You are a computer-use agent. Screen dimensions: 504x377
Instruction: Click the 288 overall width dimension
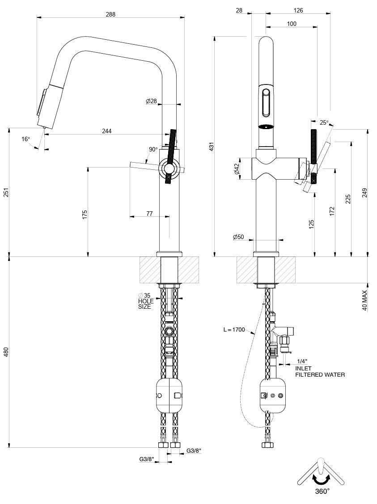(x=110, y=14)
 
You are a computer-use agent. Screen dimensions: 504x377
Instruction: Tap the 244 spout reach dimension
(x=107, y=131)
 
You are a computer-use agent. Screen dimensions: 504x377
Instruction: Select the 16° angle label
(x=25, y=139)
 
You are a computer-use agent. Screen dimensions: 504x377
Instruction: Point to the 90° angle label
(x=153, y=150)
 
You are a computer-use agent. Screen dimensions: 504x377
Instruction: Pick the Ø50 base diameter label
(x=238, y=237)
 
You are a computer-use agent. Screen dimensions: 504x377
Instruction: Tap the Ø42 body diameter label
(x=237, y=168)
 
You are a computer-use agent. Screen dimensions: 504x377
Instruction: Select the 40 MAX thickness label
(x=365, y=301)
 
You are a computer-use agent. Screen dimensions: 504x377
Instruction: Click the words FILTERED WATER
(x=320, y=375)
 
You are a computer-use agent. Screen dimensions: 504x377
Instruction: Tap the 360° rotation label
(x=322, y=491)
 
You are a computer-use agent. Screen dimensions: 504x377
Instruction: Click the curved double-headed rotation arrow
(x=322, y=480)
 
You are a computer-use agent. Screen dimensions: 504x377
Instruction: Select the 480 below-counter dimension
(x=6, y=353)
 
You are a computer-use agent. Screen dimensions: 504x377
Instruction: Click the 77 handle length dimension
(x=149, y=214)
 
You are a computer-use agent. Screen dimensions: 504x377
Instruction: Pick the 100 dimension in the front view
(x=292, y=24)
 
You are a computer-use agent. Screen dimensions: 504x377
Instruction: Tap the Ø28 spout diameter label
(x=151, y=101)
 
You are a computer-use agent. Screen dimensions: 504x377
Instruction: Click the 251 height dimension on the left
(x=6, y=193)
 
